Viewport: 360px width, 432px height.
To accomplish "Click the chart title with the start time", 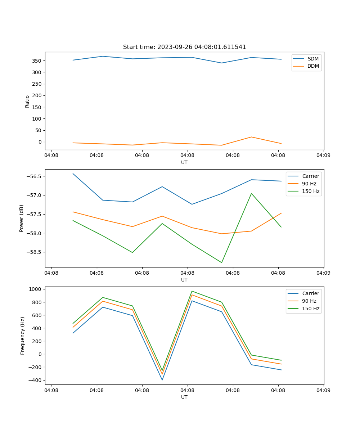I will pos(184,47).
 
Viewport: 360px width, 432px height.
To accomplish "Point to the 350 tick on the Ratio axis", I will pos(37,61).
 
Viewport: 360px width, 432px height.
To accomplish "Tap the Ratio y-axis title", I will pos(27,101).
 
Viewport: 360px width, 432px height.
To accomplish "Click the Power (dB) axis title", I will pos(22,218).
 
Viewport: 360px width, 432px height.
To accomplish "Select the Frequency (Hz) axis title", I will pos(23,336).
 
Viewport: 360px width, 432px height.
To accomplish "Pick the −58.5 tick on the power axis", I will pos(34,252).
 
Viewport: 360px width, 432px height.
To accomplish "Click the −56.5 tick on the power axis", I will pos(34,176).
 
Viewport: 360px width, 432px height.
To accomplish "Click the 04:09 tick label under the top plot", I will pos(323,156).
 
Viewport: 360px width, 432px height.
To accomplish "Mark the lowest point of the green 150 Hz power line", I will pos(222,262).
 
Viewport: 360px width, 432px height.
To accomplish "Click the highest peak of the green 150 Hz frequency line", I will pos(192,291).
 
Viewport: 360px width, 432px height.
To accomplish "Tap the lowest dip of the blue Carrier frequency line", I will pos(162,380).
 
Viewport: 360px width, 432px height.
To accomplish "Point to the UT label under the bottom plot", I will pos(184,397).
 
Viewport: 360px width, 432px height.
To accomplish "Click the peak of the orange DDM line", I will pos(251,137).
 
